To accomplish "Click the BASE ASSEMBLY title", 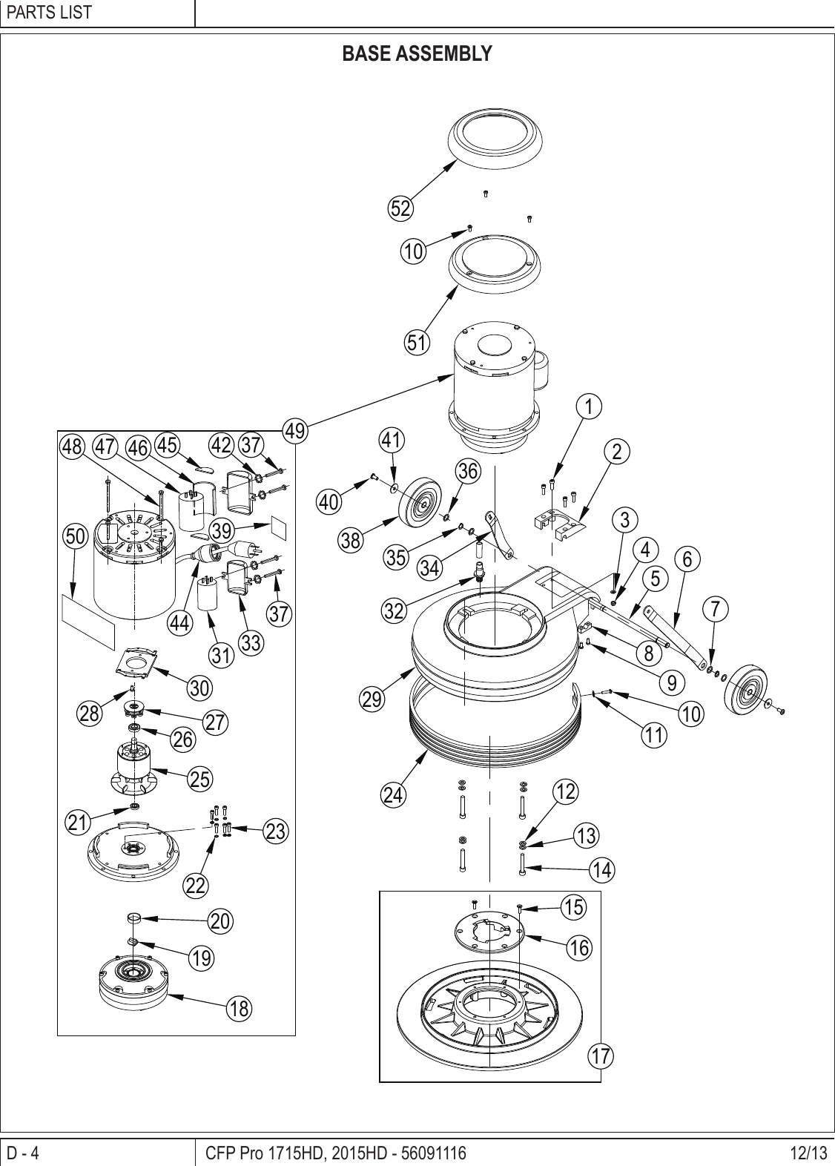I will tap(417, 54).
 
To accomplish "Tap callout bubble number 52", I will tap(401, 209).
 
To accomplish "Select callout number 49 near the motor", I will tap(296, 431).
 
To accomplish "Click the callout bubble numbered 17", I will tap(603, 1055).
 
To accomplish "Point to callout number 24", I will tap(394, 795).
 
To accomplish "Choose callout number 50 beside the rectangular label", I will tap(75, 536).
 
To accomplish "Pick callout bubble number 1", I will tap(590, 406).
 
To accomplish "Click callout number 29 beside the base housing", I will tap(374, 699).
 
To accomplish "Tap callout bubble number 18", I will tap(239, 1008).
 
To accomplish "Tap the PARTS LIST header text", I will tap(49, 13).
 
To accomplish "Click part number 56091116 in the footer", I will tap(433, 1153).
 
